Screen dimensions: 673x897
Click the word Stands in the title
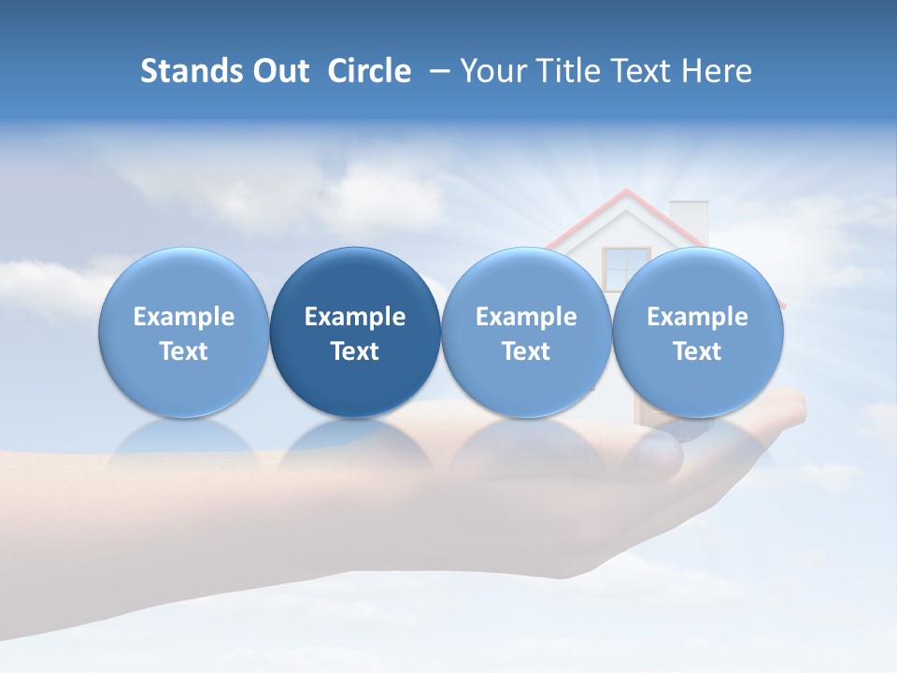point(192,71)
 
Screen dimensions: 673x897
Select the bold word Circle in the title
point(369,71)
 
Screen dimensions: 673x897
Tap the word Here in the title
point(716,71)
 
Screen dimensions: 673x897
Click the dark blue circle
point(355,332)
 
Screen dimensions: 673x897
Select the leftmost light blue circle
point(184,332)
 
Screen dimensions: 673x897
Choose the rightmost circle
point(697,332)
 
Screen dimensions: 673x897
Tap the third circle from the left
point(526,332)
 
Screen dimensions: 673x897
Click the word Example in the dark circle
point(355,317)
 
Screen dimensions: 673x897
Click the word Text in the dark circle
point(355,351)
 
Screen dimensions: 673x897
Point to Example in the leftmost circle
point(184,317)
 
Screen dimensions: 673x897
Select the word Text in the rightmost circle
point(697,351)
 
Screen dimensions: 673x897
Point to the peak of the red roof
point(625,193)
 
